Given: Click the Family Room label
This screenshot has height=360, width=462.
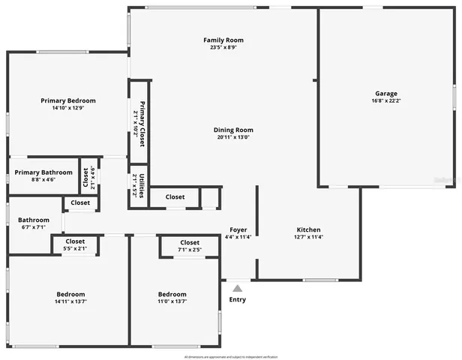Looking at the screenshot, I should tap(223, 40).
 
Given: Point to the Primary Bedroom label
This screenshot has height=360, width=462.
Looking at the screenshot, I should tap(68, 100).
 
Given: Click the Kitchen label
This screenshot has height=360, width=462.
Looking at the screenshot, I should tap(309, 229).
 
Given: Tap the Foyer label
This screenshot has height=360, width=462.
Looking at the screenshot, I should tap(238, 229).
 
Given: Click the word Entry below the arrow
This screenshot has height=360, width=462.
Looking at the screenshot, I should tap(237, 300).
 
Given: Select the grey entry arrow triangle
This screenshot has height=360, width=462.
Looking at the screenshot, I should tap(238, 286).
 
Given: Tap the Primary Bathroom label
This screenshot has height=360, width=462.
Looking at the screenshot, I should tap(43, 172).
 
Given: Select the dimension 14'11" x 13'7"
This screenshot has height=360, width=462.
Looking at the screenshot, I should tap(70, 302).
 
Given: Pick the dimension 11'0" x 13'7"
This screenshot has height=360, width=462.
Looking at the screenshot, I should tap(172, 302).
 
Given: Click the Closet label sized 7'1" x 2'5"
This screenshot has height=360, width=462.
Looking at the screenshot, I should tap(190, 243).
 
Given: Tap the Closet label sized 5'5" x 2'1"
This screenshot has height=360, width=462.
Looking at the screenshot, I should tap(74, 241).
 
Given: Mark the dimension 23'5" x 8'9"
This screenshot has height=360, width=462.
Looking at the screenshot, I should tap(223, 48).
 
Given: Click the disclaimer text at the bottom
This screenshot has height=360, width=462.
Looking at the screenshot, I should tap(231, 347).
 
